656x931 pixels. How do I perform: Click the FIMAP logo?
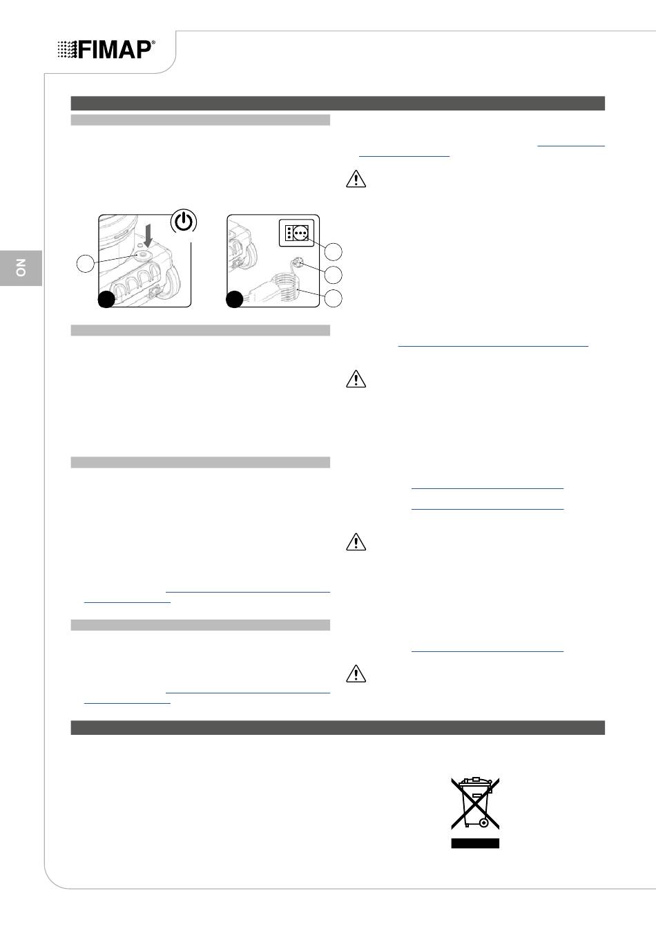(106, 50)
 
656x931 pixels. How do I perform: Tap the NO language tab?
(21, 268)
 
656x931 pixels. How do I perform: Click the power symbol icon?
(184, 221)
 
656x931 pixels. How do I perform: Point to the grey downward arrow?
(148, 236)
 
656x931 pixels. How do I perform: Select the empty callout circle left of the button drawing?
(86, 264)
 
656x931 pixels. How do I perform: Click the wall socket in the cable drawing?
(296, 233)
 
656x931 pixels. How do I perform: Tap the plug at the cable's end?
(297, 262)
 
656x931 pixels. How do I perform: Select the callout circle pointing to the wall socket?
(334, 251)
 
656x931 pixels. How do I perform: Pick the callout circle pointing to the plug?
(334, 275)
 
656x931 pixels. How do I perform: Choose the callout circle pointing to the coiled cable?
(334, 298)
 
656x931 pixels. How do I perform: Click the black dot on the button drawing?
(106, 299)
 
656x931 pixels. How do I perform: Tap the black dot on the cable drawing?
(235, 299)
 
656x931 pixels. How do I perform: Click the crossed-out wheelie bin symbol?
(475, 803)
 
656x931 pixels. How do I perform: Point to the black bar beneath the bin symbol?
(475, 843)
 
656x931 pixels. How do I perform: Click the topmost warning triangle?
(356, 179)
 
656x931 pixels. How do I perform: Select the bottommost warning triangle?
(356, 673)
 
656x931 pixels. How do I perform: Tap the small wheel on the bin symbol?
(484, 822)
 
